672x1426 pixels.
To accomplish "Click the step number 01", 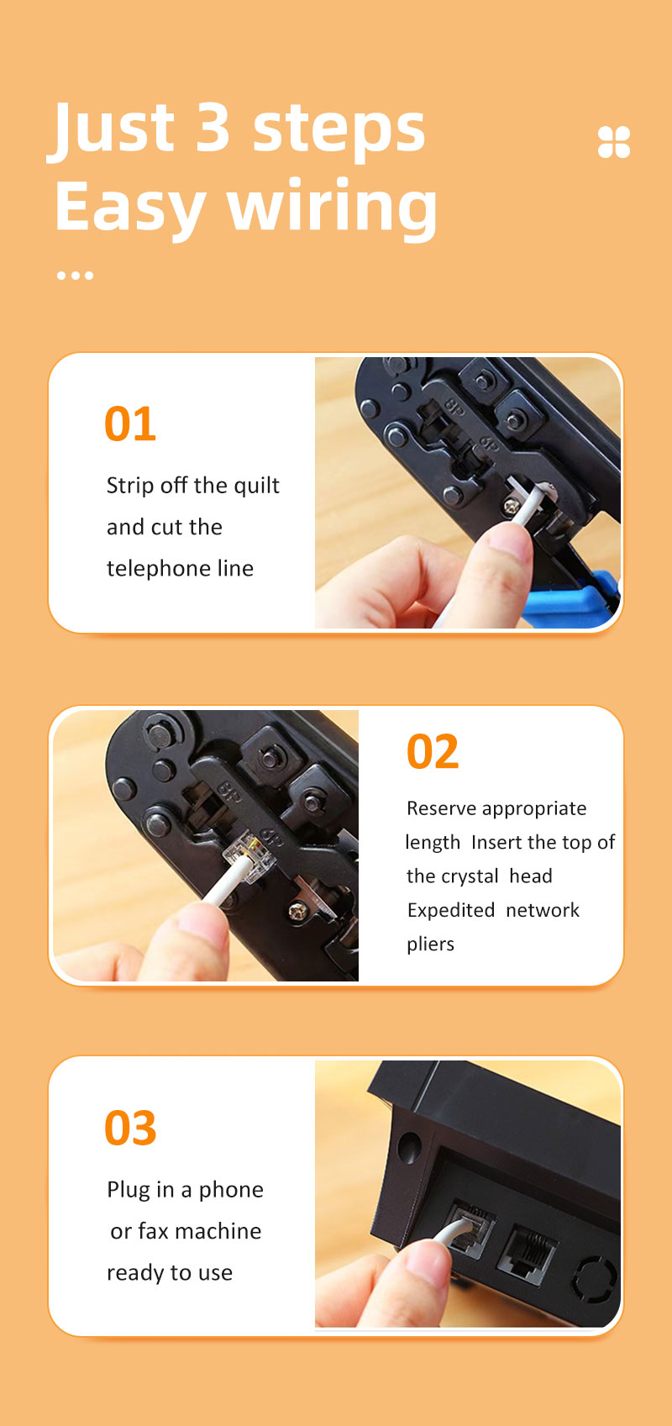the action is click(130, 424).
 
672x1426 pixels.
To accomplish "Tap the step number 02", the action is click(432, 751).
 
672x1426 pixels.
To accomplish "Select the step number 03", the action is click(130, 1128).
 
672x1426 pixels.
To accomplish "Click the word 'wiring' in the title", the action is click(332, 207).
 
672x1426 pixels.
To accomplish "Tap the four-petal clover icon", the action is click(614, 141).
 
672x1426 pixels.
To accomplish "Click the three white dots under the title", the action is click(75, 276).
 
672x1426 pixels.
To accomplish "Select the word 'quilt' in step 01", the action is click(256, 487).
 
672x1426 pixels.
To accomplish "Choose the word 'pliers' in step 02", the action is click(430, 945).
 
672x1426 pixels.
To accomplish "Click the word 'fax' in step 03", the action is click(154, 1230).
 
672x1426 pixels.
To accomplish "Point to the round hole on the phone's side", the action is click(409, 1147).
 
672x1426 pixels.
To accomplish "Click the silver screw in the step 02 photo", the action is click(297, 912).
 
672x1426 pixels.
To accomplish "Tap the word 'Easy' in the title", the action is click(130, 207).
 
